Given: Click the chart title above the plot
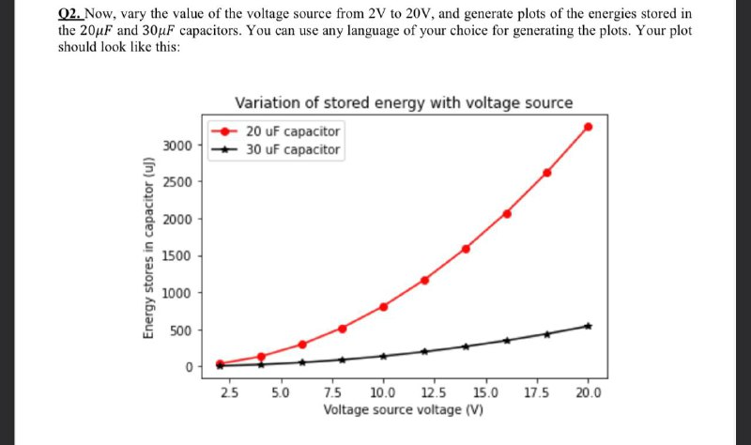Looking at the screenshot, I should pos(403,102).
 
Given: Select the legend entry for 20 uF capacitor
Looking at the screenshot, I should pos(293,131).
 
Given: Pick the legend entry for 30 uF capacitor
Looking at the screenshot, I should pos(293,149).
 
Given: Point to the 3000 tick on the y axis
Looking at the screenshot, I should pos(177,146).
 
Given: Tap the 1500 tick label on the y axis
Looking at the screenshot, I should pos(177,256).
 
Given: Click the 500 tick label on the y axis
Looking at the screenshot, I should pos(181,330).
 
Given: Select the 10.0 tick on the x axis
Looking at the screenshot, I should pos(383,392).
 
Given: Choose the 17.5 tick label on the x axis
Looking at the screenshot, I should pos(537,392).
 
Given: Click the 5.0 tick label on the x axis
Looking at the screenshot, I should pos(280,392).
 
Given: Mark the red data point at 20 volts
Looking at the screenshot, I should pos(589,127).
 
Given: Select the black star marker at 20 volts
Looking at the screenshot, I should pos(589,326).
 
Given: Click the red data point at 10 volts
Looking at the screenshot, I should pos(383,306).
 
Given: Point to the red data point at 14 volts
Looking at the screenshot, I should pos(466,249).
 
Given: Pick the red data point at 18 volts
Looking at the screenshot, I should pos(547,173).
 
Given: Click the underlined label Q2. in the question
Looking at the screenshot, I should pos(69,14).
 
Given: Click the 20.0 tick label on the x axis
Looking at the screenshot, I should pos(589,392).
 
